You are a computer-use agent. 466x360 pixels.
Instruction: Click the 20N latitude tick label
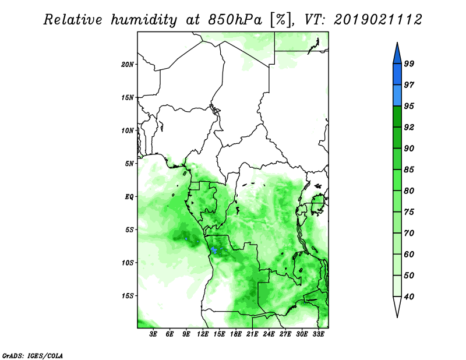128,65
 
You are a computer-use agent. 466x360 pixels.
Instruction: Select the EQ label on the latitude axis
129,197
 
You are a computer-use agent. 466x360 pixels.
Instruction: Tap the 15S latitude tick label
128,296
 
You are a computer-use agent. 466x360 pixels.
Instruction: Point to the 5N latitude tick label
129,164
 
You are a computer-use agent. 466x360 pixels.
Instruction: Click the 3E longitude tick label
153,334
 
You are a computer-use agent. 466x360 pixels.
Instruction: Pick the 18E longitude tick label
236,334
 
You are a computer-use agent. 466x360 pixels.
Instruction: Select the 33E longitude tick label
318,334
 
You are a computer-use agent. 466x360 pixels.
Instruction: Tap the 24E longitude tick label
269,334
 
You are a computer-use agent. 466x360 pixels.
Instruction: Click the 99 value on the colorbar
409,63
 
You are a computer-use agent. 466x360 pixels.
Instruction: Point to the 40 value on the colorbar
409,297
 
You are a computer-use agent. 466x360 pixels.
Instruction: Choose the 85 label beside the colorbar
409,170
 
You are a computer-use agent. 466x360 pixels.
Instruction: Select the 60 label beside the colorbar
409,255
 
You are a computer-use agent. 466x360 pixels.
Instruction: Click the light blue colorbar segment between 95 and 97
397,96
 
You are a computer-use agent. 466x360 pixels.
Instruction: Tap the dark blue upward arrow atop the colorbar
397,53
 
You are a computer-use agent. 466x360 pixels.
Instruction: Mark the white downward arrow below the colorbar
397,307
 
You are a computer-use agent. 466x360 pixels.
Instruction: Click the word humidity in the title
144,20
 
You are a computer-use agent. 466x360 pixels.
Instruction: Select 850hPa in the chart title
235,20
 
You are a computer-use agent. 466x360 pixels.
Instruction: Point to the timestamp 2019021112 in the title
377,20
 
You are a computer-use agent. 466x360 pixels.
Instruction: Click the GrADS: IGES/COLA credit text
33,355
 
